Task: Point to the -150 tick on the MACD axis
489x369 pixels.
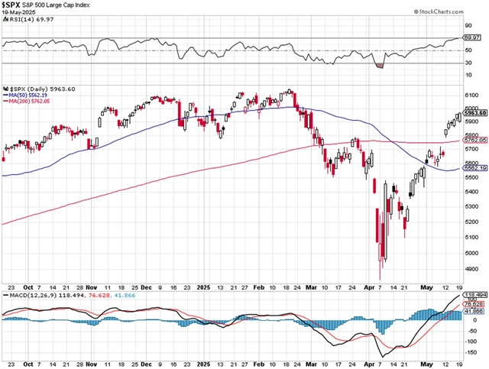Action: coord(472,354)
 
